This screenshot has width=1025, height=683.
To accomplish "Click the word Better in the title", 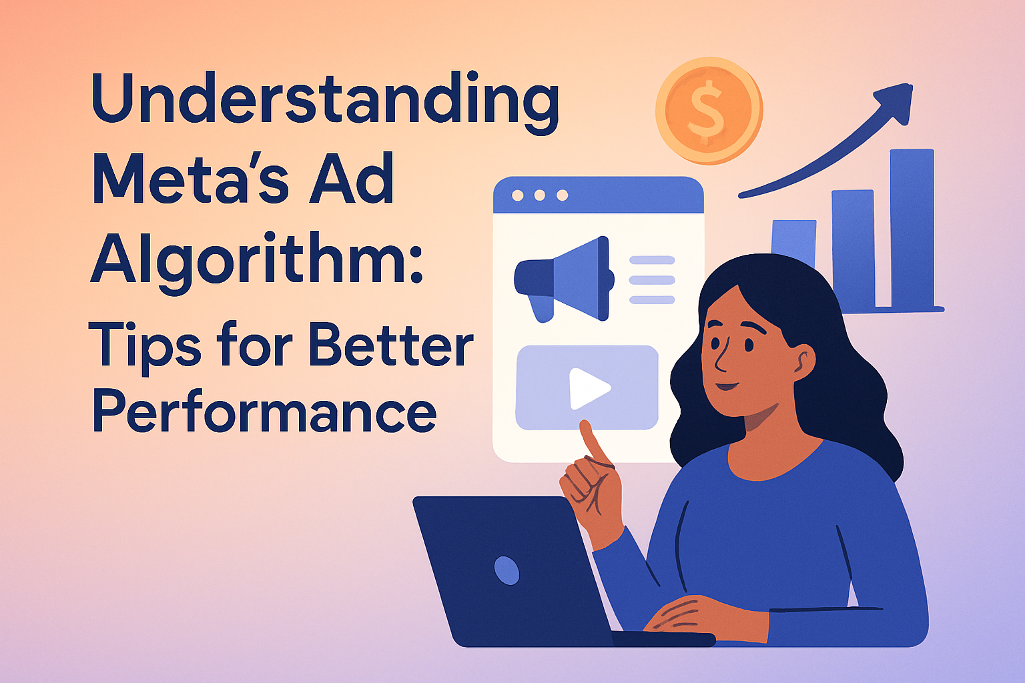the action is point(391,344).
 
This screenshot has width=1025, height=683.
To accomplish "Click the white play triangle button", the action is point(589,388).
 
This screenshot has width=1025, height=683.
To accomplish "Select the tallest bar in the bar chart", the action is point(912,228).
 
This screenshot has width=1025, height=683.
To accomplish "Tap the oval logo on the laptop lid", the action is point(506,570).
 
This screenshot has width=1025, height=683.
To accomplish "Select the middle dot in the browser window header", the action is point(540,195).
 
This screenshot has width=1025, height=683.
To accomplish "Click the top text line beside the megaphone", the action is point(652,260).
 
